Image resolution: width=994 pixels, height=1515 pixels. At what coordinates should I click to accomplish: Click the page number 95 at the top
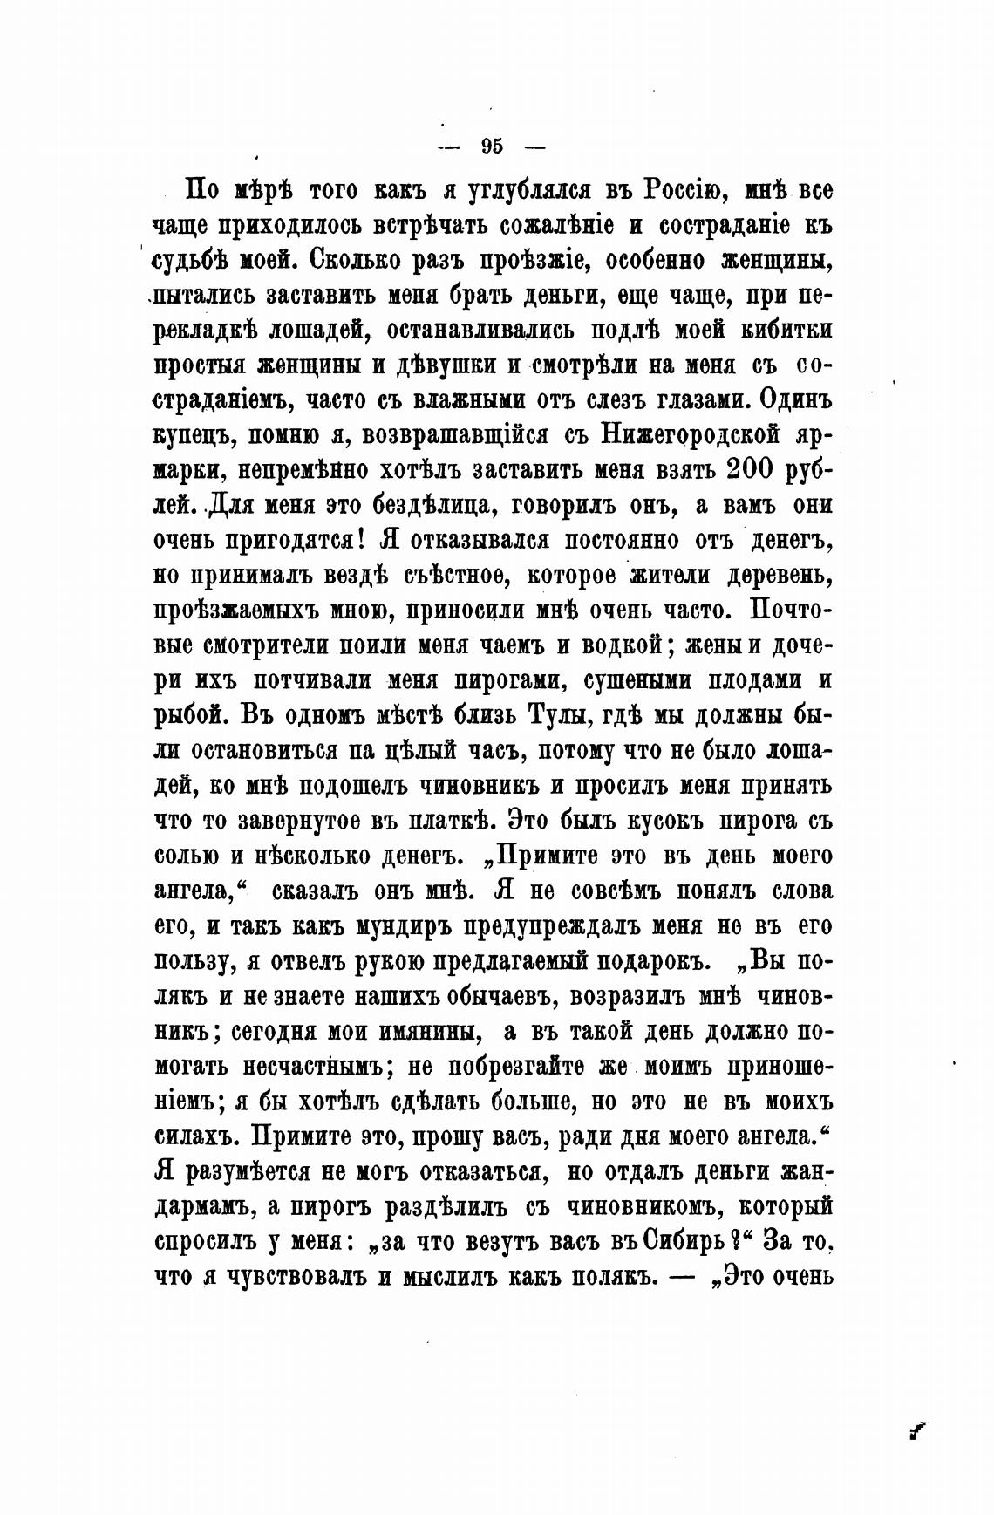[x=491, y=146]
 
